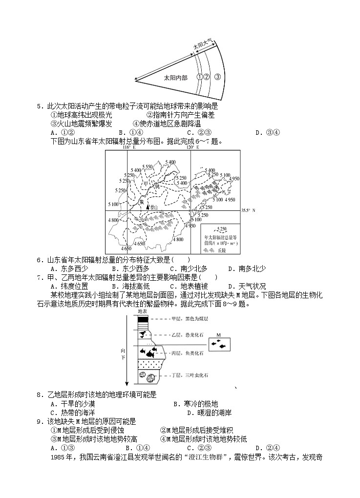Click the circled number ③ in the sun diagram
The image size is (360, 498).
click(217, 77)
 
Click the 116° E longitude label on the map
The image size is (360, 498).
click(127, 147)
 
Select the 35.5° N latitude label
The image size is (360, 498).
click(249, 210)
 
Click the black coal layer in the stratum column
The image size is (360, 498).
click(143, 319)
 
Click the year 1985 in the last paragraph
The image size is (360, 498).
click(58, 457)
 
